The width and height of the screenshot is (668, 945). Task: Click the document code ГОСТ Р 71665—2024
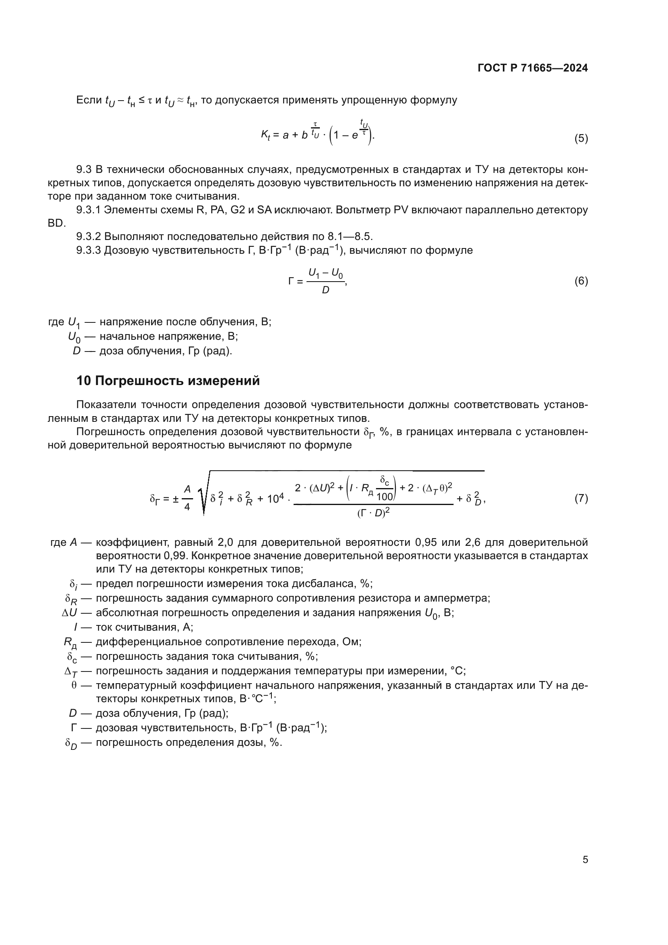point(533,68)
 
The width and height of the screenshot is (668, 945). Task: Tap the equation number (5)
point(581,138)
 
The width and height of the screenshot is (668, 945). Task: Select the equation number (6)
point(581,281)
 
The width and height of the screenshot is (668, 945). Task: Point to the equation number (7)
point(581,499)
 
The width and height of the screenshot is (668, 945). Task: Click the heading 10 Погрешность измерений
point(168,381)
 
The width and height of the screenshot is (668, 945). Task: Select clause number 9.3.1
point(88,210)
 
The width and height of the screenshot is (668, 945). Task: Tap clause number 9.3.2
point(88,237)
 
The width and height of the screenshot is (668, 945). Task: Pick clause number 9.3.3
point(88,250)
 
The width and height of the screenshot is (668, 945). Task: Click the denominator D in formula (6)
point(326,290)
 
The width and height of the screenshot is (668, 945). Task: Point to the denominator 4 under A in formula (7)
point(187,507)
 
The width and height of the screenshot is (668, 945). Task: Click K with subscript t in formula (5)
point(265,135)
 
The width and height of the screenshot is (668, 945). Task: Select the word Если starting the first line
point(89,100)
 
